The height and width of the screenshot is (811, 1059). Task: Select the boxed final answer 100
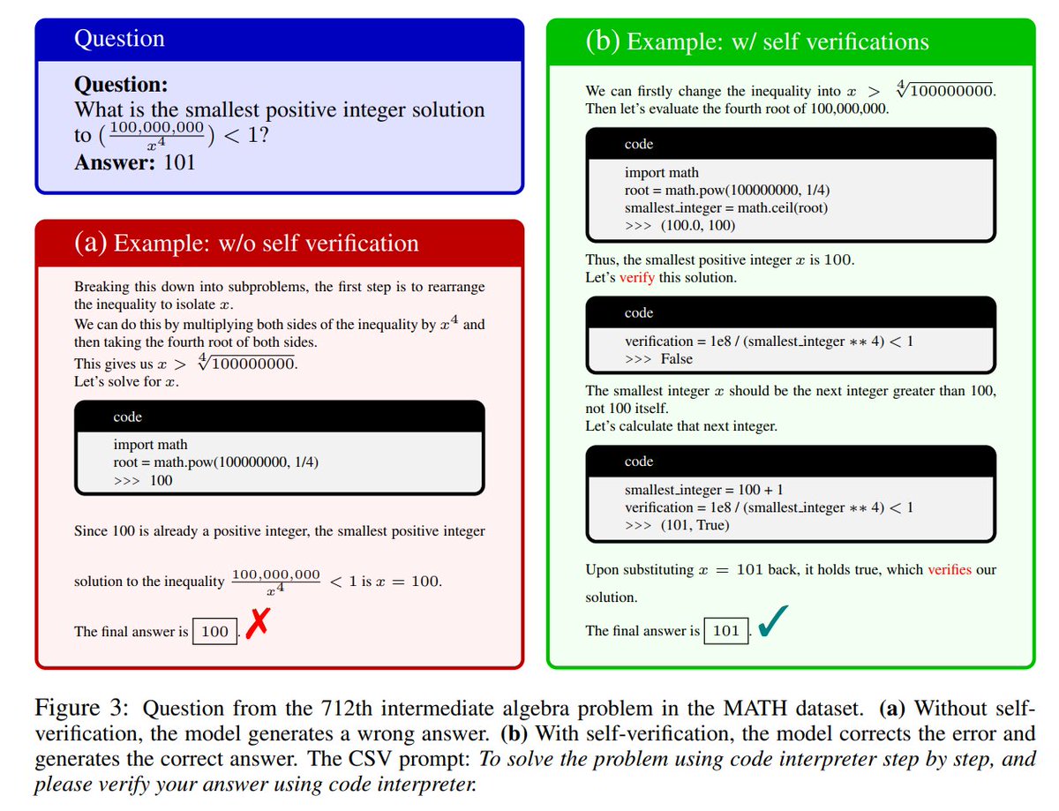(x=214, y=632)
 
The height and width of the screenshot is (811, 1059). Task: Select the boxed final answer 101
(x=725, y=631)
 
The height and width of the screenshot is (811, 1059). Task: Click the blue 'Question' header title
(x=119, y=39)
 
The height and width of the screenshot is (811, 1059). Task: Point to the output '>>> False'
(x=658, y=359)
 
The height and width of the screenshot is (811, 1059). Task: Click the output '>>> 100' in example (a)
(x=143, y=480)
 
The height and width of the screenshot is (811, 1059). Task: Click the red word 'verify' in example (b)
(x=637, y=277)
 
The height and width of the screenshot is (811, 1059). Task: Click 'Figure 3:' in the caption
(x=85, y=709)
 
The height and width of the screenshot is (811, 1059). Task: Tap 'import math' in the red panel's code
(x=150, y=445)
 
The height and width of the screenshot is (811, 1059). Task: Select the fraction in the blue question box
(x=156, y=135)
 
